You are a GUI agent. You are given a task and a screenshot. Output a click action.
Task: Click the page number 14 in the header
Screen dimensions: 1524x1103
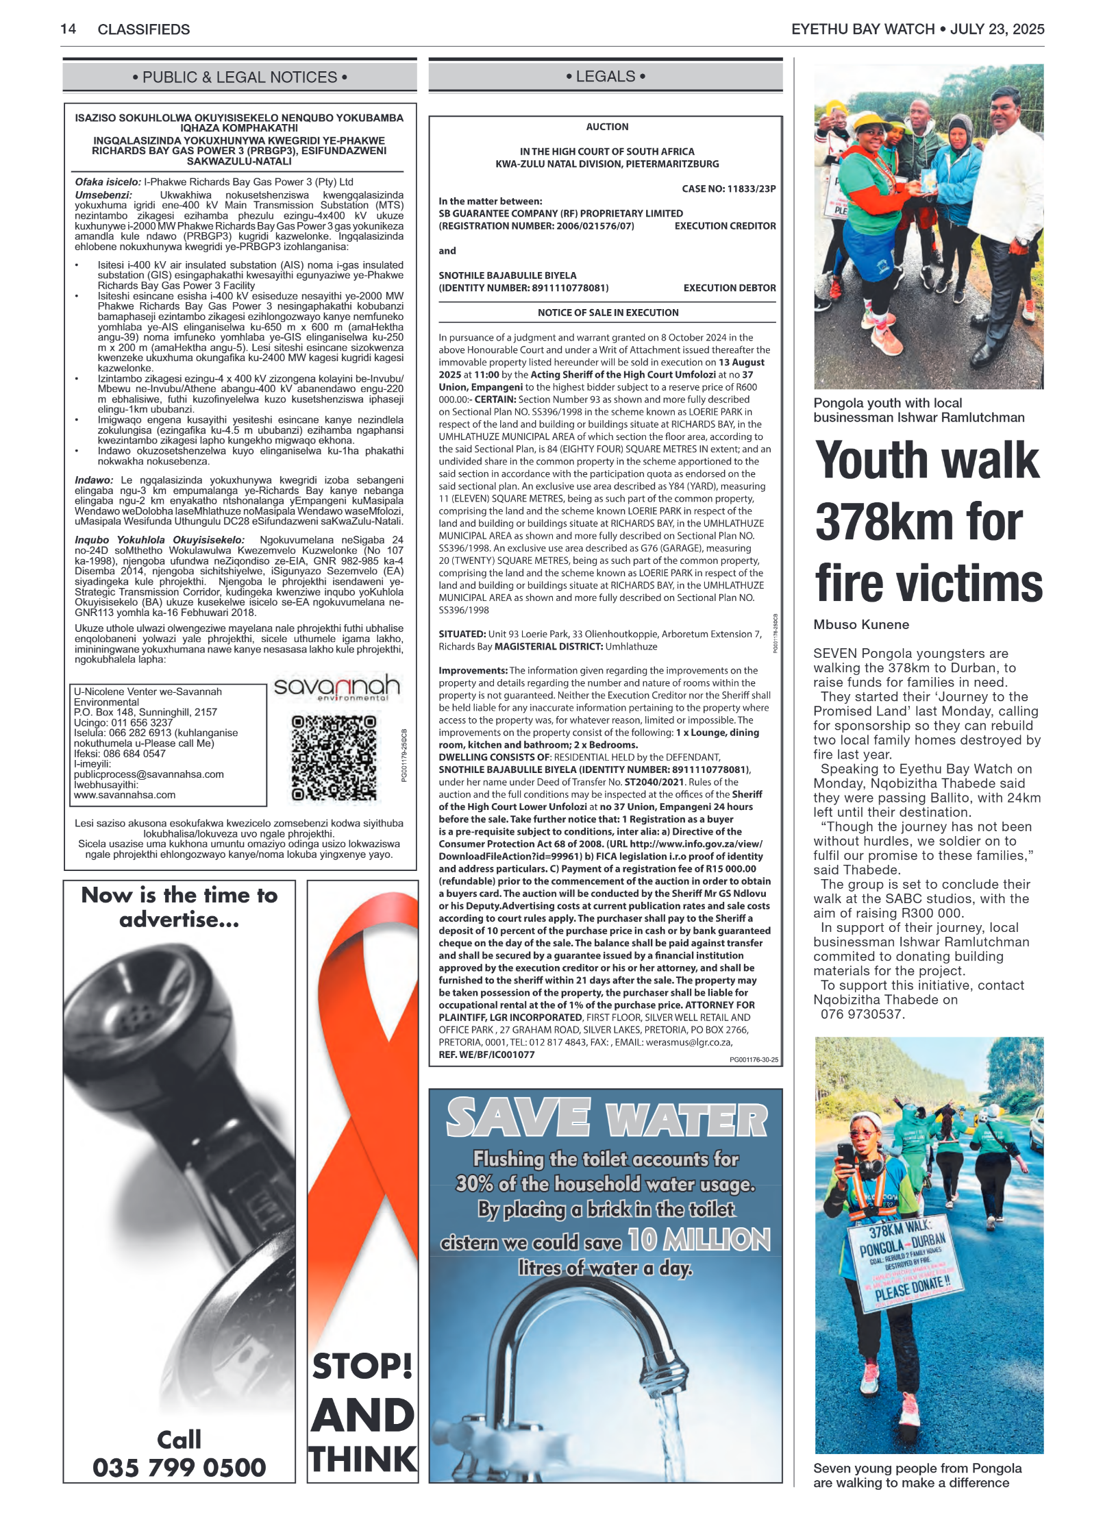point(68,29)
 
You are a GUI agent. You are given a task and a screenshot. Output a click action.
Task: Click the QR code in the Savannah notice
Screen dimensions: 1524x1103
point(334,758)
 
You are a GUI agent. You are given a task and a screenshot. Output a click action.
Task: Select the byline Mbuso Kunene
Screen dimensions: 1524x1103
point(861,624)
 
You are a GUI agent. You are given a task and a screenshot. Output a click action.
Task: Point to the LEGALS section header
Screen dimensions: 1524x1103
point(606,76)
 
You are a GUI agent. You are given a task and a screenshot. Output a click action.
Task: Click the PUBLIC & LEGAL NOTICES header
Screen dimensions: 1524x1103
point(240,77)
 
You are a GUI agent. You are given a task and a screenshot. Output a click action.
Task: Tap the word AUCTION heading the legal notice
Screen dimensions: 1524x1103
point(607,127)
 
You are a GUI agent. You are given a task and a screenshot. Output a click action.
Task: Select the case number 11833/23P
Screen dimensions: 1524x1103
point(751,188)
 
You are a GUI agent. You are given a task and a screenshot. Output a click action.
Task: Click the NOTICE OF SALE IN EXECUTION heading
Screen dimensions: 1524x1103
point(608,312)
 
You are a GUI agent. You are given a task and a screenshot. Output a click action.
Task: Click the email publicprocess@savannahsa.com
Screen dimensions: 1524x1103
point(149,774)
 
